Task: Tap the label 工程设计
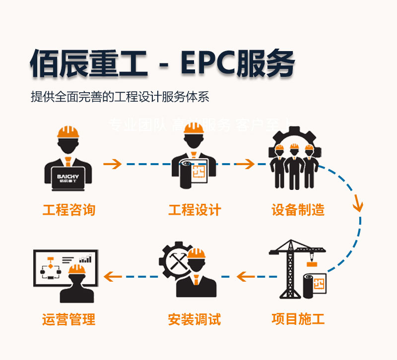[195, 210]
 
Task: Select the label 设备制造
[298, 210]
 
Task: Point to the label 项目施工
[298, 318]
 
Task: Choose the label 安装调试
[195, 318]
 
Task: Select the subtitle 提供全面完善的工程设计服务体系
[120, 97]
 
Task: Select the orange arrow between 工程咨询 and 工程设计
[113, 164]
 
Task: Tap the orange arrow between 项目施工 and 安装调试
[246, 276]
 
